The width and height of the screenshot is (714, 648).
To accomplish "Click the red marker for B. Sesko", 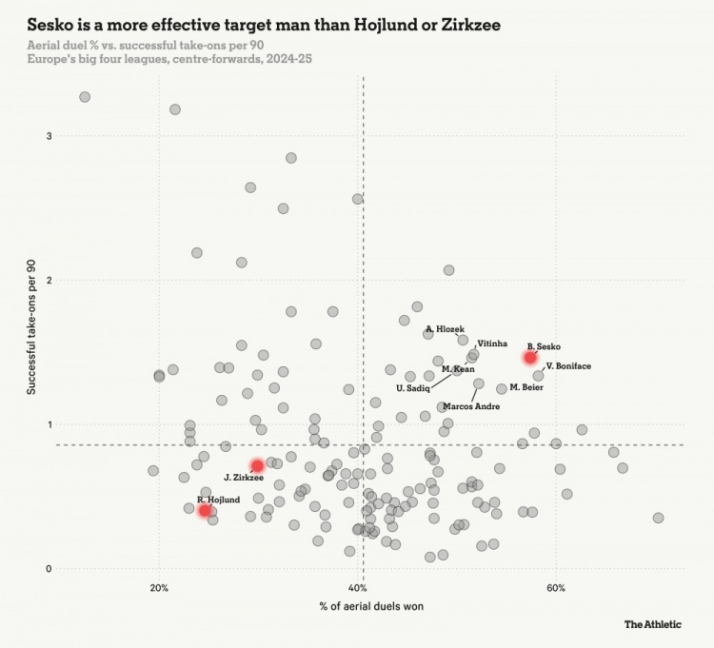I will [530, 357].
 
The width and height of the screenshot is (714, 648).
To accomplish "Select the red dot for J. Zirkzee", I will [257, 466].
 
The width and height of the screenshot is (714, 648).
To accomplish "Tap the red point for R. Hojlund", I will [205, 510].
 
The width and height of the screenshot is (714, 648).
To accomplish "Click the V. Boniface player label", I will [568, 365].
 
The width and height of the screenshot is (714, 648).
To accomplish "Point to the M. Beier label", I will [526, 387].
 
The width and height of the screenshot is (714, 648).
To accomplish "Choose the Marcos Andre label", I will [471, 406].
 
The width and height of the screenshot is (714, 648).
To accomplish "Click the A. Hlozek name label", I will [445, 328].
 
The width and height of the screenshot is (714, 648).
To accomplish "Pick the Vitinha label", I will [492, 343].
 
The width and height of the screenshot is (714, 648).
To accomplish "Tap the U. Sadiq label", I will [413, 388].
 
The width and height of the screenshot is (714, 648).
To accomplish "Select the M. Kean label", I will [458, 368].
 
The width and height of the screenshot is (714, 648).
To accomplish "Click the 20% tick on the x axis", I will [160, 587].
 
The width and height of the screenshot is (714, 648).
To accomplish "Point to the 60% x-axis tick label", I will [557, 587].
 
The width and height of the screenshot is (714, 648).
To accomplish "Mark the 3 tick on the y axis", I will [48, 136].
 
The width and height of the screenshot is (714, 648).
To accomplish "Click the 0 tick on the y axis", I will [48, 569].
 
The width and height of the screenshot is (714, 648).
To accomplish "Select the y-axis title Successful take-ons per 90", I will [30, 329].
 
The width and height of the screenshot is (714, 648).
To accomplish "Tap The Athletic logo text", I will [653, 624].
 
